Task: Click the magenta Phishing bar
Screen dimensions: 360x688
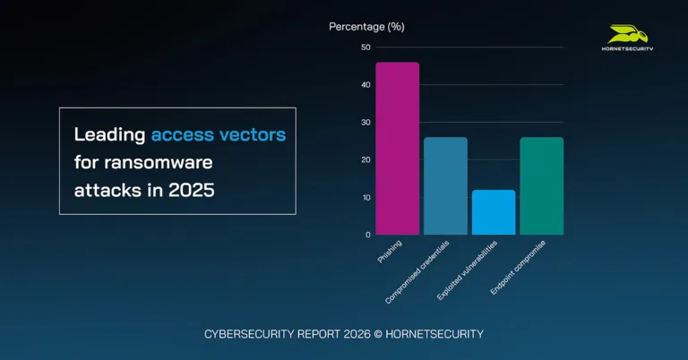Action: (x=397, y=148)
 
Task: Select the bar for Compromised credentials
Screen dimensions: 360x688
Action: (x=445, y=185)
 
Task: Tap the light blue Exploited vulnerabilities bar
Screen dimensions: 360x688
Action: (x=494, y=212)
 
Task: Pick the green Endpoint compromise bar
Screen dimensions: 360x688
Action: (x=542, y=185)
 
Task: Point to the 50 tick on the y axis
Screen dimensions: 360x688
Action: (x=365, y=47)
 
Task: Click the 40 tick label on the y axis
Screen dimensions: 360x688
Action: (x=365, y=85)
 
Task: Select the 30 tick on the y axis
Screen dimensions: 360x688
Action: (x=365, y=123)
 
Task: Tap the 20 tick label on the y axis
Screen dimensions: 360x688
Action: (x=365, y=160)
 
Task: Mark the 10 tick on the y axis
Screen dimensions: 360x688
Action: (x=365, y=198)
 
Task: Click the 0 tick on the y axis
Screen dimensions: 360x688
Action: (x=367, y=235)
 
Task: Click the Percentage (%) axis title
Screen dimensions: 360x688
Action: (x=366, y=26)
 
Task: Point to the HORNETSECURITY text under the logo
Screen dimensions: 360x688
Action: (x=626, y=48)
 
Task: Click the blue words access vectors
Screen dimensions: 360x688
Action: (x=218, y=135)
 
